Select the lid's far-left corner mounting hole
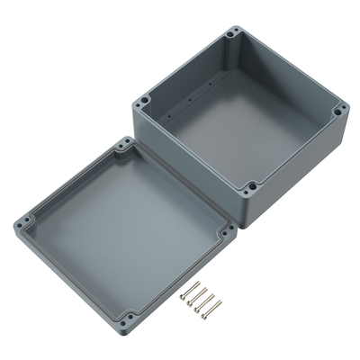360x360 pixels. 22,219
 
